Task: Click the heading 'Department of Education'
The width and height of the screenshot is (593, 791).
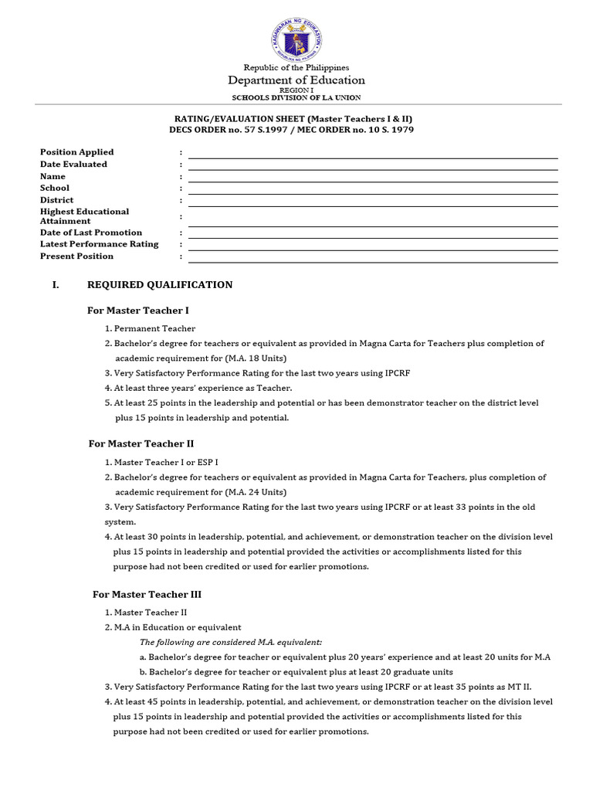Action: click(x=296, y=80)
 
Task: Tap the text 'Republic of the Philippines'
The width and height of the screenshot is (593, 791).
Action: click(x=296, y=68)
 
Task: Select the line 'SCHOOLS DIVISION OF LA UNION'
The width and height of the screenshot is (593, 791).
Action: click(x=296, y=97)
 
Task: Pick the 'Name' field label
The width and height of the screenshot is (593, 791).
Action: click(x=53, y=176)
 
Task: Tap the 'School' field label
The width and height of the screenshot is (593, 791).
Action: click(x=55, y=188)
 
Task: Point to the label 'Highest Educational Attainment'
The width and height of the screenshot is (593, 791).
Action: click(x=84, y=216)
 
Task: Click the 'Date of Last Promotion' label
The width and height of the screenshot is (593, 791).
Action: click(x=91, y=233)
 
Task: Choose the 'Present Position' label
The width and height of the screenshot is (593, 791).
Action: click(x=76, y=256)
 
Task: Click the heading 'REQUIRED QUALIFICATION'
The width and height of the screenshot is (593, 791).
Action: click(x=160, y=285)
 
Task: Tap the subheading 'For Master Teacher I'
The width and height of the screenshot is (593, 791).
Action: click(x=139, y=311)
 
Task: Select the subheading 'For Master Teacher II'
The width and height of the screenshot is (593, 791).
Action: click(x=141, y=444)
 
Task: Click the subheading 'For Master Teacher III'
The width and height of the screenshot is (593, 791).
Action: click(x=147, y=595)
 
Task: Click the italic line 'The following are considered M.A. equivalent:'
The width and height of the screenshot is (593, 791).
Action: click(x=231, y=642)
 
